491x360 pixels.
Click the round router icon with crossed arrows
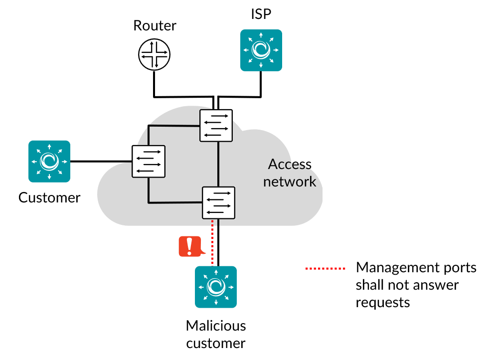pos(155,54)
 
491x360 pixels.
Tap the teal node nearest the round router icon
pos(261,50)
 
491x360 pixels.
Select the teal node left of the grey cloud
pos(49,161)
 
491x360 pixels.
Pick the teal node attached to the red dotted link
pos(216,287)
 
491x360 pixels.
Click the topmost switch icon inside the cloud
pos(216,126)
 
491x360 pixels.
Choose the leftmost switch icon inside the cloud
pos(149,161)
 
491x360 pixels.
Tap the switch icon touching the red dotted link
pos(218,202)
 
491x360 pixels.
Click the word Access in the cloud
pos(289,164)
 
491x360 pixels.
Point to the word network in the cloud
pos(289,181)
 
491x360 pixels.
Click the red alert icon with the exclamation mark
pos(190,246)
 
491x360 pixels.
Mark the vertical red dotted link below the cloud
pos(212,244)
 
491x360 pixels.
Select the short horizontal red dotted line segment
pos(326,268)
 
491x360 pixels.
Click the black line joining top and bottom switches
pos(218,165)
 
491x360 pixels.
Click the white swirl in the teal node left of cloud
pos(49,161)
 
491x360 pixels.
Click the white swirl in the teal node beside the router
pos(261,50)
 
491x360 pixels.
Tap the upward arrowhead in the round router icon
pos(156,42)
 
